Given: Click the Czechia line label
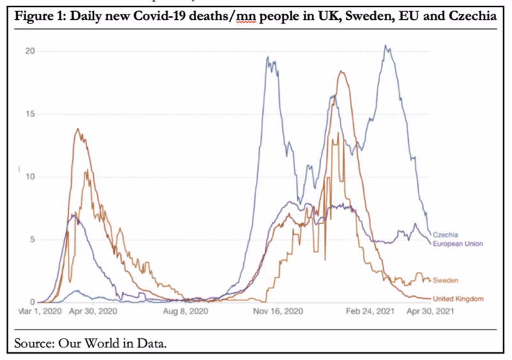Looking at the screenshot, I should pyautogui.click(x=446, y=235).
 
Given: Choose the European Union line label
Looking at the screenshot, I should pyautogui.click(x=458, y=243).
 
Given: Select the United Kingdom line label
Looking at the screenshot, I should pyautogui.click(x=458, y=299).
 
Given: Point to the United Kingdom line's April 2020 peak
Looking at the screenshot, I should pyautogui.click(x=77, y=129).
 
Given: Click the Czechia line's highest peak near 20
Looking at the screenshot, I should pyautogui.click(x=385, y=45).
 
